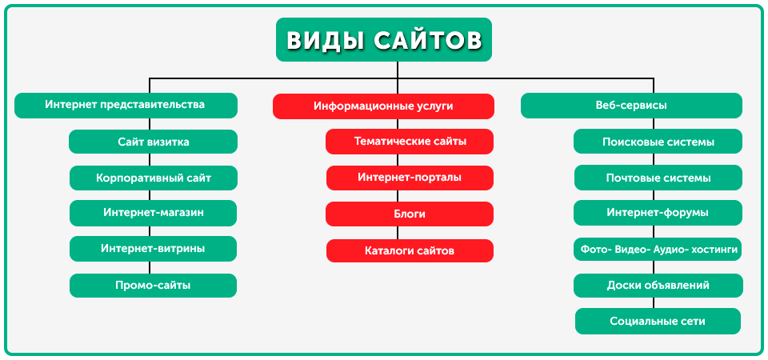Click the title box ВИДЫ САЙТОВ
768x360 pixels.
click(383, 40)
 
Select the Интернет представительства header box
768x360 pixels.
click(126, 106)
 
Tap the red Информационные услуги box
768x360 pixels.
click(383, 106)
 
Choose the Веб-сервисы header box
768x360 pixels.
click(631, 106)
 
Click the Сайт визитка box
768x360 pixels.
click(154, 142)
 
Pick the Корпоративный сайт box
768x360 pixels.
click(154, 178)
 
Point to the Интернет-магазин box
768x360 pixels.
click(154, 213)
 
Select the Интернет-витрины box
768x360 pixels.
click(154, 249)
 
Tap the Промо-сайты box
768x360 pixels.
click(154, 286)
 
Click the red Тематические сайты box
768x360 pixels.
click(410, 142)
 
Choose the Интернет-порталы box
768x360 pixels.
click(410, 178)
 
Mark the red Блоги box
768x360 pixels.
click(410, 214)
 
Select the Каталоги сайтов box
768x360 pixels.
click(410, 250)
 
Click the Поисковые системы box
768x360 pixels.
click(658, 142)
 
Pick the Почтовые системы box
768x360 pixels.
click(658, 178)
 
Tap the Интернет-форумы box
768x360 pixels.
click(658, 213)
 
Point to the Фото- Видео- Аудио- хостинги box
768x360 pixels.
click(658, 250)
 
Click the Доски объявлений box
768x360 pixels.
click(658, 286)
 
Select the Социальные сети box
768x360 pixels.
click(658, 322)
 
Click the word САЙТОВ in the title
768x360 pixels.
click(428, 40)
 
